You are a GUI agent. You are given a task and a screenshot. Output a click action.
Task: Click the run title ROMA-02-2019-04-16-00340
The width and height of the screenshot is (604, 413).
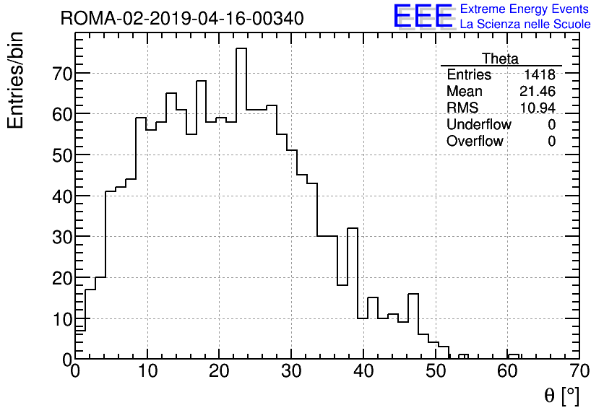point(181,18)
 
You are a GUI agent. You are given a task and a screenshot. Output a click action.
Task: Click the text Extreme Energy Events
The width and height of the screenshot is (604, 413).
point(524,9)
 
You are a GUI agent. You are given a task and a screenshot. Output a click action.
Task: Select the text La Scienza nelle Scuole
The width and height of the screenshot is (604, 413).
point(525,25)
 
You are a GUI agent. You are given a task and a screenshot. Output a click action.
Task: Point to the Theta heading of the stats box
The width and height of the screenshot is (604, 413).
point(500,58)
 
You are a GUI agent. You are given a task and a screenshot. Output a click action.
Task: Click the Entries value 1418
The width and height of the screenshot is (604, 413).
point(540,75)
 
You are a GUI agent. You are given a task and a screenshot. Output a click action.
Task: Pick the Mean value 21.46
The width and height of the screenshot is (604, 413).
point(538,92)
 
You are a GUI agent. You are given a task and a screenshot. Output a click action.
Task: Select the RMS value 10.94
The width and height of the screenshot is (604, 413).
point(538,108)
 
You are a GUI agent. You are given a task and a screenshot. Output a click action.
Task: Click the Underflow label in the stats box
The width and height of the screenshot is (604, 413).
point(478,125)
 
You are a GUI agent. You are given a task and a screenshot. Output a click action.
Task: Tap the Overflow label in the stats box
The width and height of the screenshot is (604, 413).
point(475,142)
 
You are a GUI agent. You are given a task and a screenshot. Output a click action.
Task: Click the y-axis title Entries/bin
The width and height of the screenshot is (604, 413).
point(16,80)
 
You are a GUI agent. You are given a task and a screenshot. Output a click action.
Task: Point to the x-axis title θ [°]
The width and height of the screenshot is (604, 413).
point(561,395)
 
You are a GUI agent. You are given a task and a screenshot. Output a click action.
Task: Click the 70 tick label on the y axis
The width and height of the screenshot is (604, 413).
point(58,74)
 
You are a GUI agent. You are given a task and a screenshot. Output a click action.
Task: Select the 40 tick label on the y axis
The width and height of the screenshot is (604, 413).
point(58,196)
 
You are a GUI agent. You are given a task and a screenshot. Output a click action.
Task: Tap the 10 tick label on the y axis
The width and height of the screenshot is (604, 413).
point(58,318)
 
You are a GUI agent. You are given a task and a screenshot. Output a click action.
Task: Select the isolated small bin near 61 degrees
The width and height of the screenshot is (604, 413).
point(514,356)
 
